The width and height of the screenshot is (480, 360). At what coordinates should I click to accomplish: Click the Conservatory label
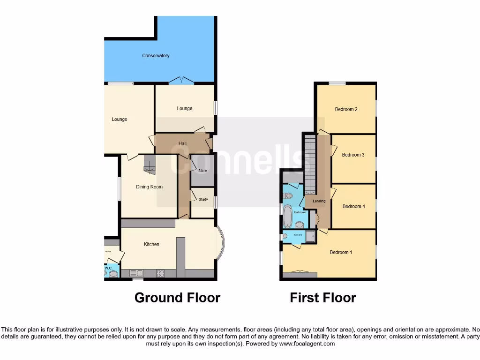tap(156, 56)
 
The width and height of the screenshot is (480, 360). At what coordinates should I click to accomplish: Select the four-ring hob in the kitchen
tap(160, 272)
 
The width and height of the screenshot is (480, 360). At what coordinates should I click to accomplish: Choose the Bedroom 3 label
tap(353, 155)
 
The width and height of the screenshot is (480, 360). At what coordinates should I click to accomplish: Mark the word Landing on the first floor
tap(319, 201)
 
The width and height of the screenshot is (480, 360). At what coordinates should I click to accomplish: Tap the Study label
tap(203, 199)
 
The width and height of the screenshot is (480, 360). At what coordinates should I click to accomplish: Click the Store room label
tap(202, 171)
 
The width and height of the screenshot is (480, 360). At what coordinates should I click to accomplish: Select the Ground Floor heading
tap(177, 298)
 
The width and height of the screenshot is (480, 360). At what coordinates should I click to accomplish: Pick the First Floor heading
tap(323, 298)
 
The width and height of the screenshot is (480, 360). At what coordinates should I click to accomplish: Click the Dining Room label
tap(149, 187)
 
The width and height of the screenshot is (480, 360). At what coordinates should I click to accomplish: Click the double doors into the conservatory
tap(181, 81)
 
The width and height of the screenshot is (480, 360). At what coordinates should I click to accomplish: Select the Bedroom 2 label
tap(346, 110)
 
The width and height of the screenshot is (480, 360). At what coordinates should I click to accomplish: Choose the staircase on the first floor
tap(309, 164)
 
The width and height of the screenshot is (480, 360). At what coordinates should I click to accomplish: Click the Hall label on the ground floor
tap(183, 143)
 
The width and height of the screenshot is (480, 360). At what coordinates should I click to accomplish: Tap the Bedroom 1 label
tap(341, 253)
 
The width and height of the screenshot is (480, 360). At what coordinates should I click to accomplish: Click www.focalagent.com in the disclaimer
tap(307, 344)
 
